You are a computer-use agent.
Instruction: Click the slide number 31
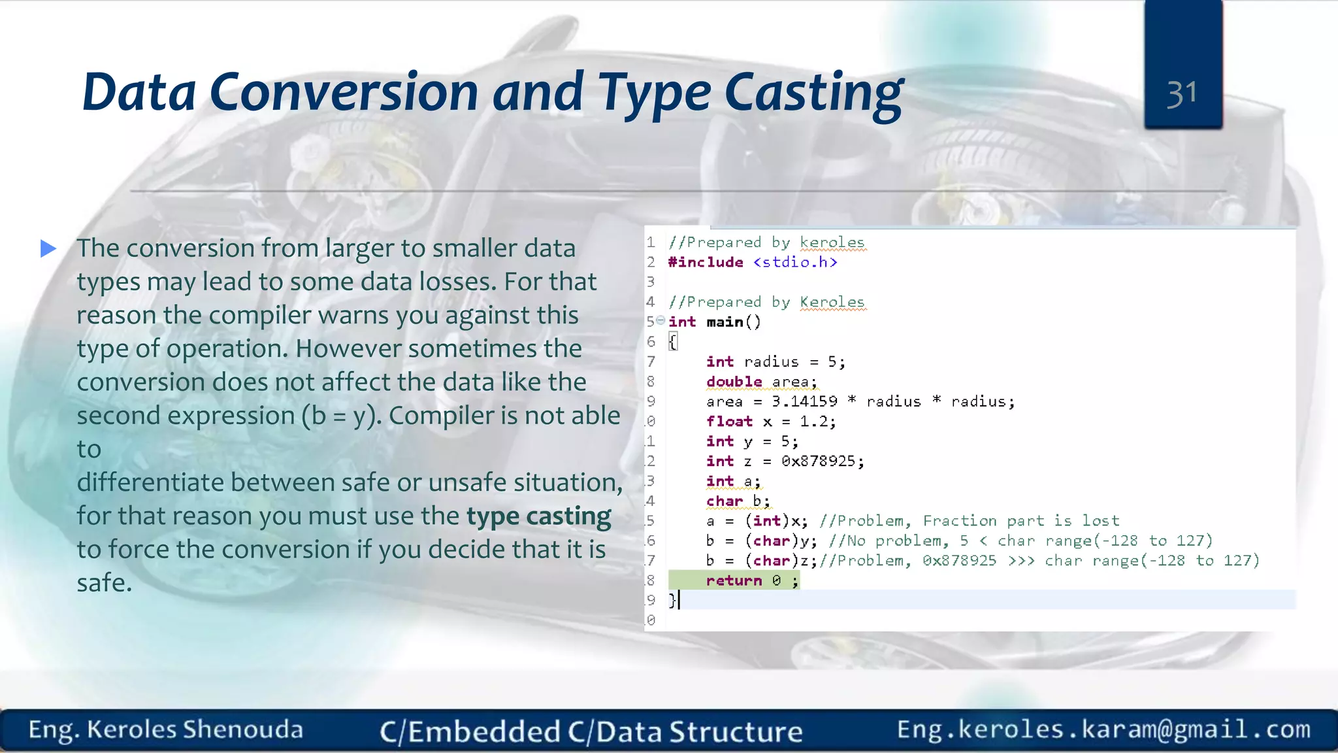(x=1182, y=93)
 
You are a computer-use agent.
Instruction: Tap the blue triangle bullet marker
(x=48, y=248)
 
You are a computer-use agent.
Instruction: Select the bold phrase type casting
(x=538, y=516)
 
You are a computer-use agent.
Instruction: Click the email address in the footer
(x=1103, y=729)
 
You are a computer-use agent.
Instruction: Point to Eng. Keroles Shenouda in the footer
(x=165, y=729)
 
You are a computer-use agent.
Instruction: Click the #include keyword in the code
(x=706, y=262)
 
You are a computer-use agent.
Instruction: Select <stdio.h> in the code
(x=795, y=262)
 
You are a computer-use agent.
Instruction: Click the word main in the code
(x=725, y=322)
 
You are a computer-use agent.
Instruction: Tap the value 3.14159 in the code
(x=804, y=401)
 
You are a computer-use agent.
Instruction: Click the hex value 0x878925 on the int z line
(x=818, y=461)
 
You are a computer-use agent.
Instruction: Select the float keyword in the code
(x=729, y=422)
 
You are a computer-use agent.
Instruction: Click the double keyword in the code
(x=734, y=382)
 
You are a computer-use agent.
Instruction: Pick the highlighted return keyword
(x=734, y=580)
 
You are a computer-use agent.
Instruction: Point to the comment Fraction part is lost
(x=1020, y=521)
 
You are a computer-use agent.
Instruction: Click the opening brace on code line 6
(x=673, y=342)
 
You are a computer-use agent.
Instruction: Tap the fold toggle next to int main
(x=661, y=320)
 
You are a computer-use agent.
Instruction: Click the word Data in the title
(x=139, y=93)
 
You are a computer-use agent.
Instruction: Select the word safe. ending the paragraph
(x=105, y=582)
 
